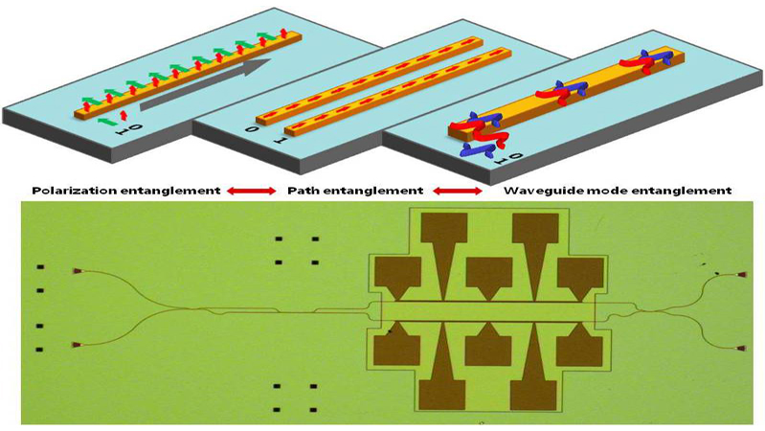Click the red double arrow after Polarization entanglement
252,192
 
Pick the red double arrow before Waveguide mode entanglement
458,192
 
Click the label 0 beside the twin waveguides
251,130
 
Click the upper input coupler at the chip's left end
77,271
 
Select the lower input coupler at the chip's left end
77,345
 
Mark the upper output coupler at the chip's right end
742,275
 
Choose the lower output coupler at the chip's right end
742,349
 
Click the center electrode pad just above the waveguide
489,276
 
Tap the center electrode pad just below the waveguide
488,346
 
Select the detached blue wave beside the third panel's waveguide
476,150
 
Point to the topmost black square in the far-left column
40,267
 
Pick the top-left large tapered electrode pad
444,244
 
